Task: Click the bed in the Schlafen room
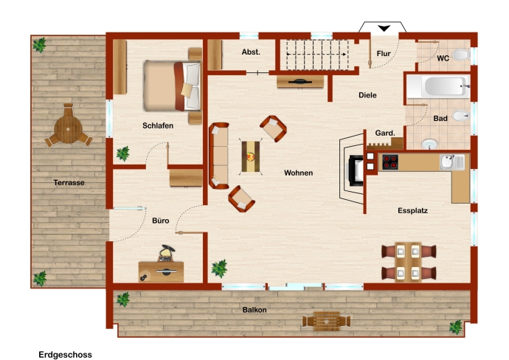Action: [172, 86]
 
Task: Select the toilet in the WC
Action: [460, 55]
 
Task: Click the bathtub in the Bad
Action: [438, 86]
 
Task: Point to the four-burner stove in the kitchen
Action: [390, 162]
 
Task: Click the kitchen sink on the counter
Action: [452, 162]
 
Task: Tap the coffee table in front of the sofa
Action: [251, 156]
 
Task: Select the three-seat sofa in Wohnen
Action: [219, 156]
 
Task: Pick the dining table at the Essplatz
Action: [409, 262]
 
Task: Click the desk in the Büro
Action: [161, 271]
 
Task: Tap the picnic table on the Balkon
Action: [326, 322]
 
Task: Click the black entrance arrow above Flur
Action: [384, 28]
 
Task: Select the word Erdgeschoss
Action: [65, 355]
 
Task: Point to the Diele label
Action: [367, 95]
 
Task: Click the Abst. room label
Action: [251, 52]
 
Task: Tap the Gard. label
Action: [385, 133]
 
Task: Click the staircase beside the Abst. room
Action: [316, 55]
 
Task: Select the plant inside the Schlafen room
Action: [123, 153]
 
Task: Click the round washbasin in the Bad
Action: [430, 144]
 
